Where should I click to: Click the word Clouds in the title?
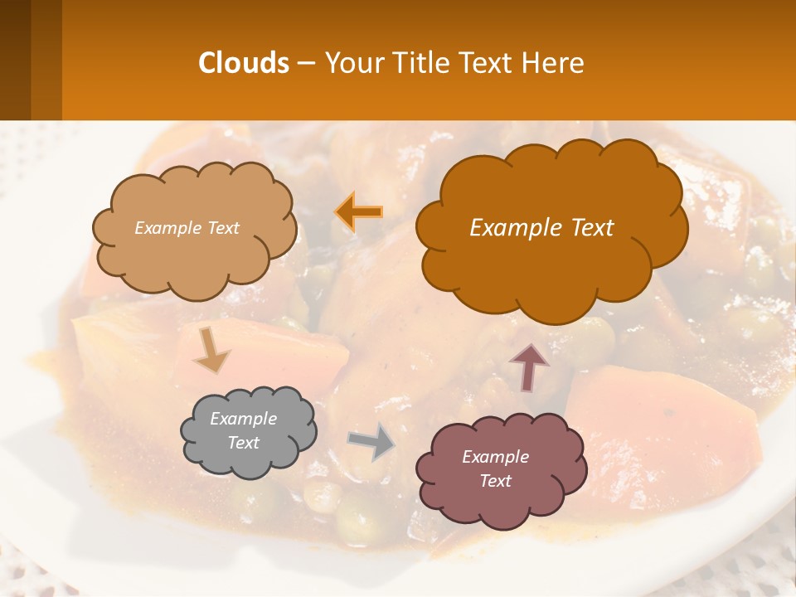[243, 63]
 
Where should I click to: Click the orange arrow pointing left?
[359, 211]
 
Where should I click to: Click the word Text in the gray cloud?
[243, 443]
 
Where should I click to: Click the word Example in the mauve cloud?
[495, 457]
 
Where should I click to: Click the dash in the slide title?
[305, 63]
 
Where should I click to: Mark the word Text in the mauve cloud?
[495, 481]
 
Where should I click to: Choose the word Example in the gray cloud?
[243, 419]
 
